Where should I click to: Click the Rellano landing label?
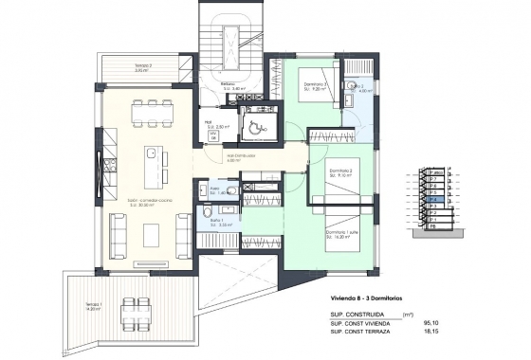(x=229, y=85)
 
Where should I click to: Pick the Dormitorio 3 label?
(x=316, y=85)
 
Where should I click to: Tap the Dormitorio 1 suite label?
(x=341, y=237)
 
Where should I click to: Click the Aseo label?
(x=215, y=189)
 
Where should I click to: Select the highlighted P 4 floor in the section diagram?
(x=431, y=201)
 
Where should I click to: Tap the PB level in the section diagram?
(x=433, y=227)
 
